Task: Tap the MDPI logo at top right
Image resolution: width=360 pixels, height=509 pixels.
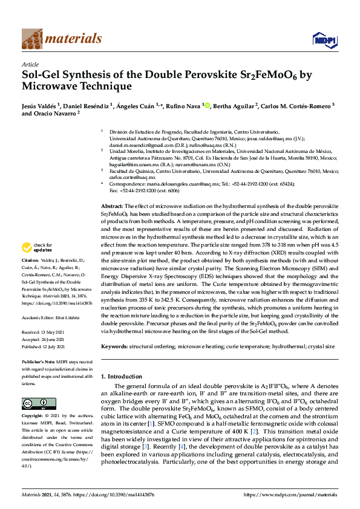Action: coord(321,40)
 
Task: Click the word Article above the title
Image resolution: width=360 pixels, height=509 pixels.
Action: coord(30,64)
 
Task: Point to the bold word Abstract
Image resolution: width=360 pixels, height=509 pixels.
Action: coord(112,207)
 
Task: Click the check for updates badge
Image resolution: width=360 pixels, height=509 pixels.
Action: coord(36,247)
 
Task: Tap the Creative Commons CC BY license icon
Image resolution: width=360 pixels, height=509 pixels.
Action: coord(31,403)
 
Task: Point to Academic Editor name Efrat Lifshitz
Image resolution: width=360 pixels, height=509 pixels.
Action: coord(68,317)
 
